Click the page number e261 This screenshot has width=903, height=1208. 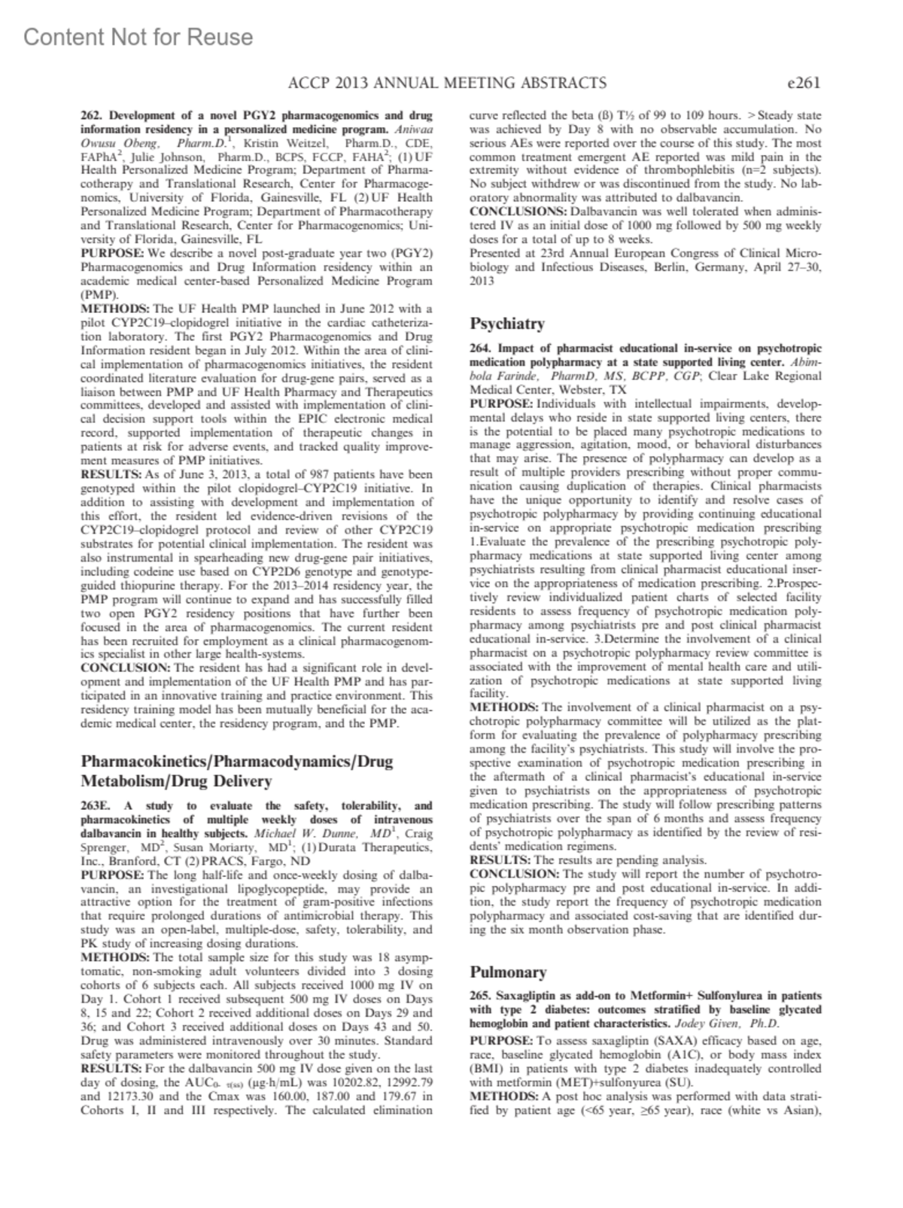point(801,83)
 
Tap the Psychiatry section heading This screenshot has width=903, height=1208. point(507,324)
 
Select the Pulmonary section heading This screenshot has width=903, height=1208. point(508,972)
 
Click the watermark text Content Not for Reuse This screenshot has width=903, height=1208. point(138,37)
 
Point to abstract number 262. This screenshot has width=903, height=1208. point(93,116)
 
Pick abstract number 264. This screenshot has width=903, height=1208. point(482,348)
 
